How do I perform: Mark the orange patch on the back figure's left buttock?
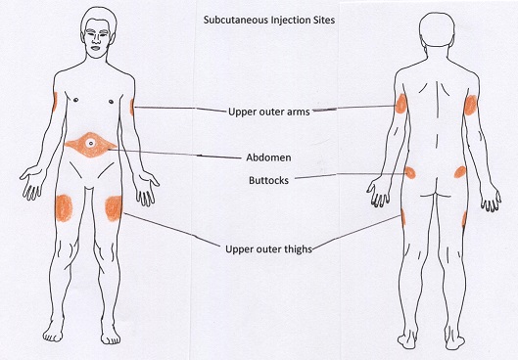(x=409, y=173)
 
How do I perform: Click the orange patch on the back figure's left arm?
(x=400, y=106)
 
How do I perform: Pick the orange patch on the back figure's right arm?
(x=470, y=106)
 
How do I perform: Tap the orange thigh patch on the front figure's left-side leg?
(x=64, y=206)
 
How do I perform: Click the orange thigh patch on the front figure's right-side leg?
(x=114, y=206)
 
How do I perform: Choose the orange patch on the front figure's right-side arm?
(x=131, y=104)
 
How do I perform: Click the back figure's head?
(x=432, y=29)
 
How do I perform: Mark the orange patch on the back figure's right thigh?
(x=463, y=217)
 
